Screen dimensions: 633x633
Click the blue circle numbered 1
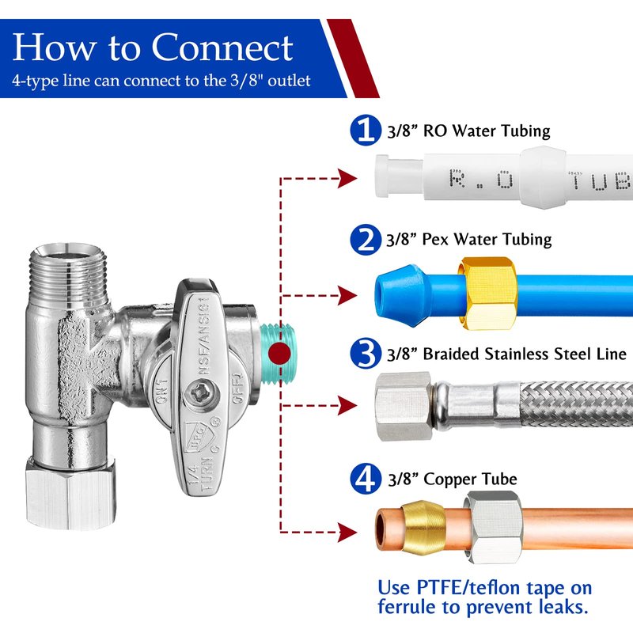pos(366,130)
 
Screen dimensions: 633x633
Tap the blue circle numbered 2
pos(366,240)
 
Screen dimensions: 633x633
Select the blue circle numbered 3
pos(366,353)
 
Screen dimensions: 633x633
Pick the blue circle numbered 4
pos(366,479)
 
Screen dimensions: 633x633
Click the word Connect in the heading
pos(222,47)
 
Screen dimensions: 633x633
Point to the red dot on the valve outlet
pos(279,354)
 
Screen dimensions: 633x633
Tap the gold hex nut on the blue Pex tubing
pos(488,294)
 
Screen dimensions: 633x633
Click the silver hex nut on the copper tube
pos(493,526)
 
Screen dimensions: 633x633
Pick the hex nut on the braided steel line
pos(404,406)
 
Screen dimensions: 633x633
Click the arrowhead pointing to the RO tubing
pos(347,179)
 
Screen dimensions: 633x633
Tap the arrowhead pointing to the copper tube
pos(347,532)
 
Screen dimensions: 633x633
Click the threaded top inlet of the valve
pos(69,271)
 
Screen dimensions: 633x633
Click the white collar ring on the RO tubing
pos(543,177)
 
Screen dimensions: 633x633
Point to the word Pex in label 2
pos(435,240)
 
